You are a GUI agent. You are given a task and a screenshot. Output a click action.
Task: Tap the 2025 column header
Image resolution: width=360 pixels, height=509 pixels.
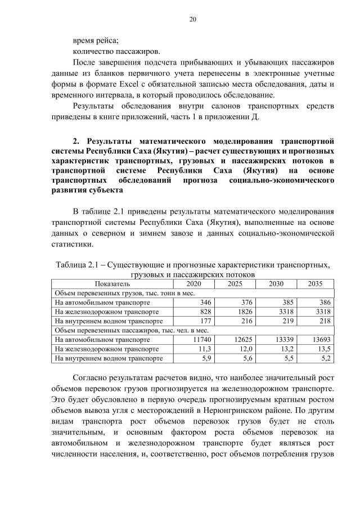pos(235,284)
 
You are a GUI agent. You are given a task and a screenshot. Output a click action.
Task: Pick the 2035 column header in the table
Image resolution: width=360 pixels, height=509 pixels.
pos(315,284)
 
